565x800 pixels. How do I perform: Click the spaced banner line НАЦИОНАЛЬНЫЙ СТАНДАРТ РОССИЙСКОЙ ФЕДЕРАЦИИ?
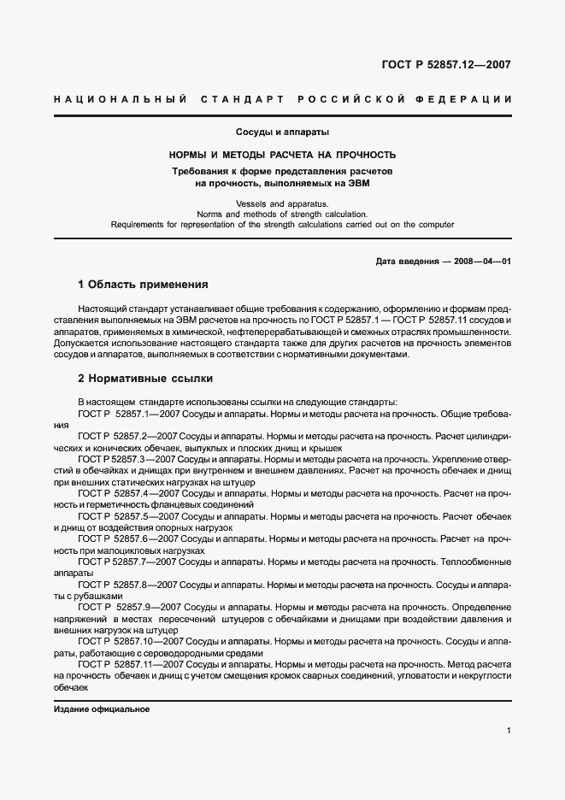pos(282,100)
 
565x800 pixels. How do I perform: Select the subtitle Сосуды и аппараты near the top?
pos(282,132)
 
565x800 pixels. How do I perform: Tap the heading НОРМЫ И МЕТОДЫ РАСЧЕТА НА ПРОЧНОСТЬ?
pos(282,156)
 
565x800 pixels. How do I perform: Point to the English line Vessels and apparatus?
pos(282,203)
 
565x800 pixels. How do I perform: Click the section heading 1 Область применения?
pos(143,284)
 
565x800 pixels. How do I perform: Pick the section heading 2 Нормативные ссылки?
pos(145,378)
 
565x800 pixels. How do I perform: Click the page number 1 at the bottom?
pos(509,731)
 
